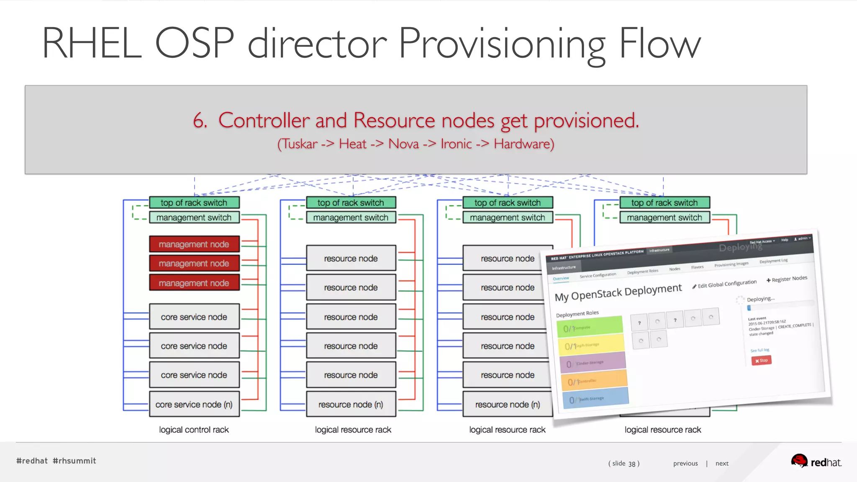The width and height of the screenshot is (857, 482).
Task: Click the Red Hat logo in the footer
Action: pyautogui.click(x=816, y=461)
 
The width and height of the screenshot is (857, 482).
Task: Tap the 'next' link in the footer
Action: pyautogui.click(x=722, y=463)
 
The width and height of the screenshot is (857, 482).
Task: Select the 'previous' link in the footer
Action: pyautogui.click(x=685, y=463)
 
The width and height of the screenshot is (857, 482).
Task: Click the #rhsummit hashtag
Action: pyautogui.click(x=74, y=461)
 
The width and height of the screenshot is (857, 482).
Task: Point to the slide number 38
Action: pyautogui.click(x=632, y=464)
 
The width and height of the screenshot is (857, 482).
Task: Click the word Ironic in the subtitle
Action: pyautogui.click(x=456, y=144)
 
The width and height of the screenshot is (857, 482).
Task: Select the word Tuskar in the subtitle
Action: pyautogui.click(x=300, y=144)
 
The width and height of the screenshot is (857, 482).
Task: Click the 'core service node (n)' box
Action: pyautogui.click(x=194, y=404)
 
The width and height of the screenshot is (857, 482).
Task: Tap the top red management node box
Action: pyautogui.click(x=194, y=244)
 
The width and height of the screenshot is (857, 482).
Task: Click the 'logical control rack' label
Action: pyautogui.click(x=194, y=430)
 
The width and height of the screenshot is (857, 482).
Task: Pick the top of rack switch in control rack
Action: pyautogui.click(x=194, y=203)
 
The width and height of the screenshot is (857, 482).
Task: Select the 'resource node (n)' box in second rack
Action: pyautogui.click(x=351, y=404)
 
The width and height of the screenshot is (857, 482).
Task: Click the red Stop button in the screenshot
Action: pyautogui.click(x=761, y=360)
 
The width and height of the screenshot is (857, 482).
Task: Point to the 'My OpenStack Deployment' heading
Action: pyautogui.click(x=618, y=292)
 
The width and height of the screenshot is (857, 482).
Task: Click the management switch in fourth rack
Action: pyautogui.click(x=664, y=218)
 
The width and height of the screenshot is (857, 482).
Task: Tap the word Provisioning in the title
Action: pyautogui.click(x=503, y=44)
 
